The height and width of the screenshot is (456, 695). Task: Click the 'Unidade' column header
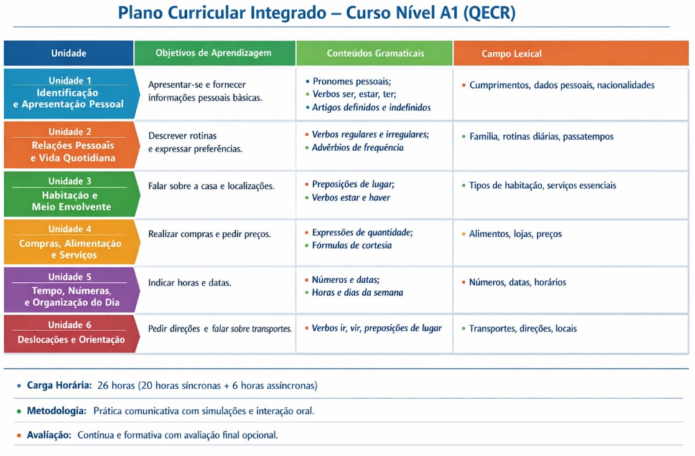point(68,54)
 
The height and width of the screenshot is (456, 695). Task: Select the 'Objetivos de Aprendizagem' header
point(213,53)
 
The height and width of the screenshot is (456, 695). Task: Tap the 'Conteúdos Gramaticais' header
point(375,54)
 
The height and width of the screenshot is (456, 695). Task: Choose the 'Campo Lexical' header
point(511,54)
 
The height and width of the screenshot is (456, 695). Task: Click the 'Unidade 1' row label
point(70,80)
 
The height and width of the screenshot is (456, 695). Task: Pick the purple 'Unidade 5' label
point(70,277)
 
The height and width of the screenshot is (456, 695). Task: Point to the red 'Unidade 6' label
point(70,325)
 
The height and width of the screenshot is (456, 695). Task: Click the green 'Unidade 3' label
point(70,181)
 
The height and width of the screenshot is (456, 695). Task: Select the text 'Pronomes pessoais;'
point(352,82)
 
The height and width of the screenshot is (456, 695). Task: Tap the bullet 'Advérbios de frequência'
point(358,148)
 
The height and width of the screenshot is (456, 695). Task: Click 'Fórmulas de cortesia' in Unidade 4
point(352,245)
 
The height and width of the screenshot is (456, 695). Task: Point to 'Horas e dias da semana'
point(357,293)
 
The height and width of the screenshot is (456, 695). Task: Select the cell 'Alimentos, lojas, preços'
point(515,234)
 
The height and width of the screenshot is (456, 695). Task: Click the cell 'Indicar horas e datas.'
point(190,283)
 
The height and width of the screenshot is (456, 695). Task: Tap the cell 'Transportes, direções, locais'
point(523,328)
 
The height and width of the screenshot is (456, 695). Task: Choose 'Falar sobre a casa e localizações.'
point(211,186)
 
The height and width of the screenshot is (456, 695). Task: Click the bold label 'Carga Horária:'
point(59,386)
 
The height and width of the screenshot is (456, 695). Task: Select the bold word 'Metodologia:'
point(56,411)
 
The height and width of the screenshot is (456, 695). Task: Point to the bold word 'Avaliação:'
point(49,435)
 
